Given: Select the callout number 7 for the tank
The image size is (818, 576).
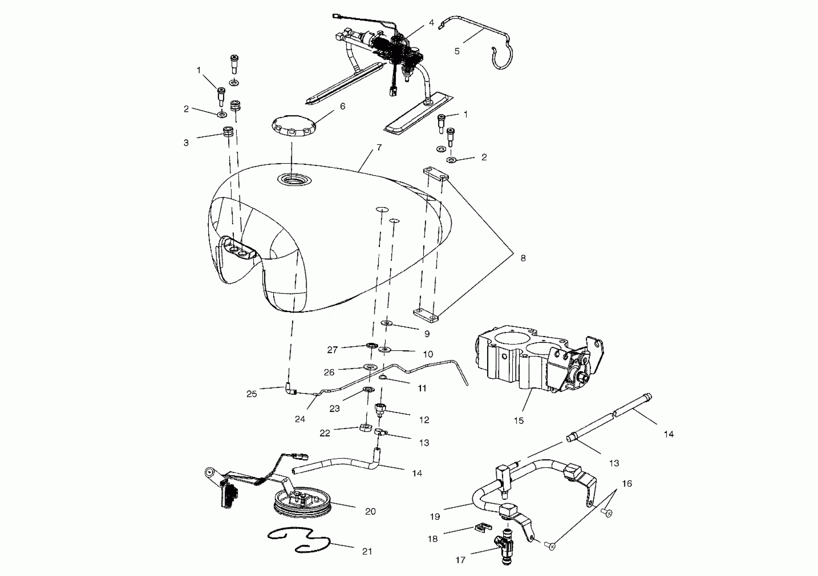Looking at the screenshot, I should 379,147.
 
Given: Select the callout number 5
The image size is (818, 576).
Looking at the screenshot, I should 457,51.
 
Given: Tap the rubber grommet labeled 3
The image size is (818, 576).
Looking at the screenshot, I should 228,131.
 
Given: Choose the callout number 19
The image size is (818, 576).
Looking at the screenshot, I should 435,516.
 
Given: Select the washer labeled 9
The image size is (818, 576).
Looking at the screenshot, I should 386,323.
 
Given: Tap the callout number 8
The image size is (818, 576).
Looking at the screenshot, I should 523,258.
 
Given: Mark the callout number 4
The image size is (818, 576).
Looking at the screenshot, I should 431,22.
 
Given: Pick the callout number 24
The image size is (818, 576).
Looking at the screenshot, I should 300,419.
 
